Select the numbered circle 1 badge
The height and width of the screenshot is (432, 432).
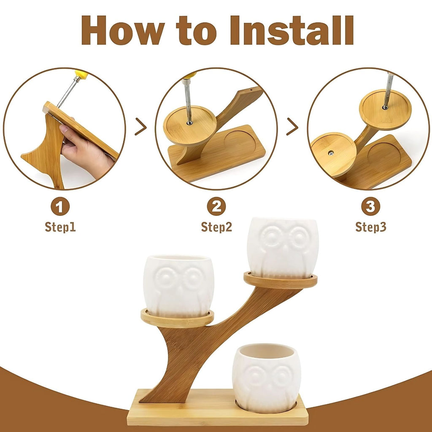(60, 206)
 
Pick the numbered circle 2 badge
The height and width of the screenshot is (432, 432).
(216, 206)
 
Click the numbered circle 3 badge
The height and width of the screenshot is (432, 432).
(370, 206)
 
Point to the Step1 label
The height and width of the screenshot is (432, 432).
(60, 227)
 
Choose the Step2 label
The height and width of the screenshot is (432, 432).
(216, 227)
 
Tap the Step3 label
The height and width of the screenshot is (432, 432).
(371, 227)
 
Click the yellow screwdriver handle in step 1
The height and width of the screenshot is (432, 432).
(81, 74)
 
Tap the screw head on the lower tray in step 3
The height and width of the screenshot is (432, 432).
(331, 153)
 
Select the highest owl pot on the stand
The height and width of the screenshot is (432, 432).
(283, 247)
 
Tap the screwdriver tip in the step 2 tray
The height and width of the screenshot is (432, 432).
(189, 123)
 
